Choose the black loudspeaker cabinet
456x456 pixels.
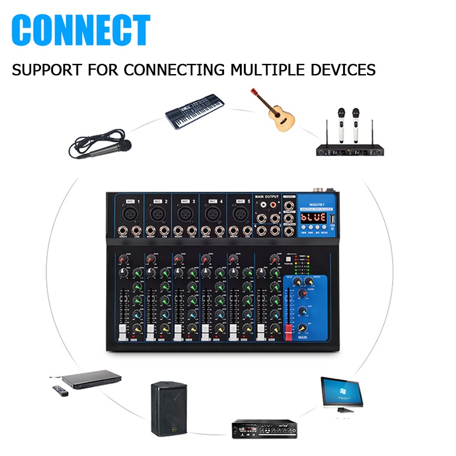point(169,408)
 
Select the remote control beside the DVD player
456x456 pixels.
point(60,392)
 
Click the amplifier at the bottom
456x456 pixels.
point(263,427)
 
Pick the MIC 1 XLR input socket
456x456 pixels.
point(129,214)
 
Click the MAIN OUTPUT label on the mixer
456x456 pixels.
point(268,197)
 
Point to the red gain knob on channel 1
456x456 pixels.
point(122,259)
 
